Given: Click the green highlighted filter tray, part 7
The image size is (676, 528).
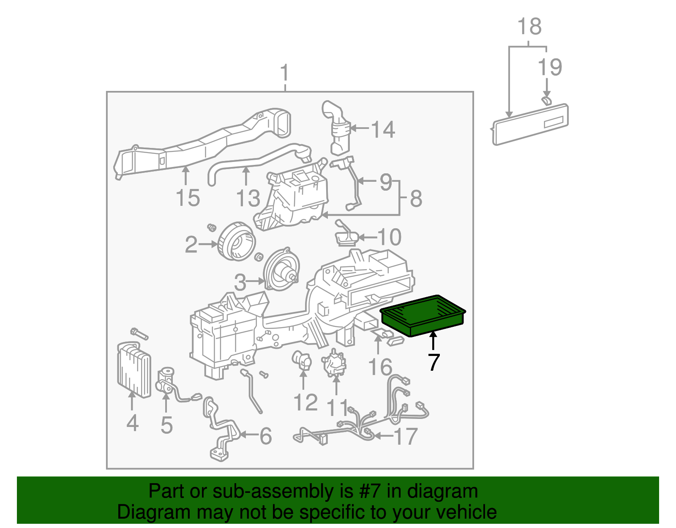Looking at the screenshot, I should pyautogui.click(x=423, y=315).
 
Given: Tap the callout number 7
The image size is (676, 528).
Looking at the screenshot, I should pyautogui.click(x=433, y=362).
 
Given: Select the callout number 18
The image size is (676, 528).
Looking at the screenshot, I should pyautogui.click(x=529, y=26).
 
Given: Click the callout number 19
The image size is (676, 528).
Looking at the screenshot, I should pyautogui.click(x=550, y=67).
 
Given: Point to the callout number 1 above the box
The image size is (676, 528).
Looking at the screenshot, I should pyautogui.click(x=285, y=73).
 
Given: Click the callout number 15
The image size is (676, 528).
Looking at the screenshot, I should pyautogui.click(x=188, y=198).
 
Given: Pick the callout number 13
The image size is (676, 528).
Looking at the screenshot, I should pyautogui.click(x=248, y=198).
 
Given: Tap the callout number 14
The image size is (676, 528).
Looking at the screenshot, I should pyautogui.click(x=383, y=129).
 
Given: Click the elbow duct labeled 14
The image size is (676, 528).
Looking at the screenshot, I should pyautogui.click(x=338, y=127).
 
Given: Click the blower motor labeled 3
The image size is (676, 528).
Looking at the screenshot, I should pyautogui.click(x=281, y=270).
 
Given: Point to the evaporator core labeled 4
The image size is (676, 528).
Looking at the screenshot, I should pyautogui.click(x=134, y=370).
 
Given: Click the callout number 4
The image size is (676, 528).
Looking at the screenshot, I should pyautogui.click(x=132, y=423).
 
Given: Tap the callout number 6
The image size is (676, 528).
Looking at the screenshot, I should pyautogui.click(x=265, y=436).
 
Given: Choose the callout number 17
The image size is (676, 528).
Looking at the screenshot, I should pyautogui.click(x=406, y=436).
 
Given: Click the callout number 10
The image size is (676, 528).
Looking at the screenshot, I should pyautogui.click(x=389, y=237).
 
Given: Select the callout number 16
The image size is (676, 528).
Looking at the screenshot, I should pyautogui.click(x=380, y=367).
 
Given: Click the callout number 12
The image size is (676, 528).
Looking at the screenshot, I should pyautogui.click(x=305, y=402).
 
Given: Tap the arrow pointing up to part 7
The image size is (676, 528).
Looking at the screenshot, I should pyautogui.click(x=433, y=341).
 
